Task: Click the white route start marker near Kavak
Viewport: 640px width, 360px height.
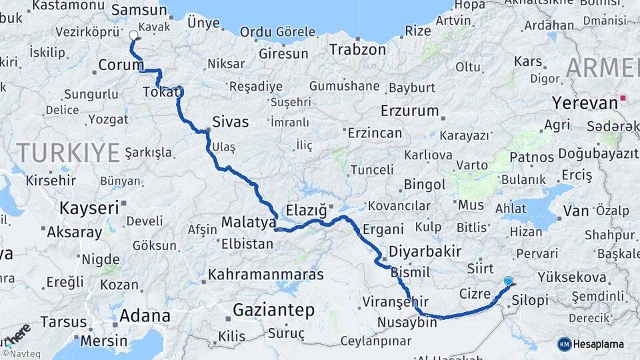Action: click(133, 35)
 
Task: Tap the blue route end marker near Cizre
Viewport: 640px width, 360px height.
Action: click(509, 281)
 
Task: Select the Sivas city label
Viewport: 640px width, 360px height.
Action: click(230, 122)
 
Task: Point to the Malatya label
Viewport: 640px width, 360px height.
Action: click(248, 221)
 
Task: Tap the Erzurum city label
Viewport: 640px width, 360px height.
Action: click(410, 110)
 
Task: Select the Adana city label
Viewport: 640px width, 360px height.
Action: click(145, 316)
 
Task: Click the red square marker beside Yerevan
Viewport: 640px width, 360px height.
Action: click(623, 99)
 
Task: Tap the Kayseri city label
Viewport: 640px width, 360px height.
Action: click(89, 207)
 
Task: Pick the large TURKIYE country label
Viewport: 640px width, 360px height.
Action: click(68, 153)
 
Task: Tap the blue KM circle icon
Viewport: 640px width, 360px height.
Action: click(565, 344)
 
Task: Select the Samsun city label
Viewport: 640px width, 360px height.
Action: click(139, 10)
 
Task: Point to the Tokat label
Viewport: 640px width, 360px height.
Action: click(161, 93)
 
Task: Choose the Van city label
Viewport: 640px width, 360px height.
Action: click(576, 211)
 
